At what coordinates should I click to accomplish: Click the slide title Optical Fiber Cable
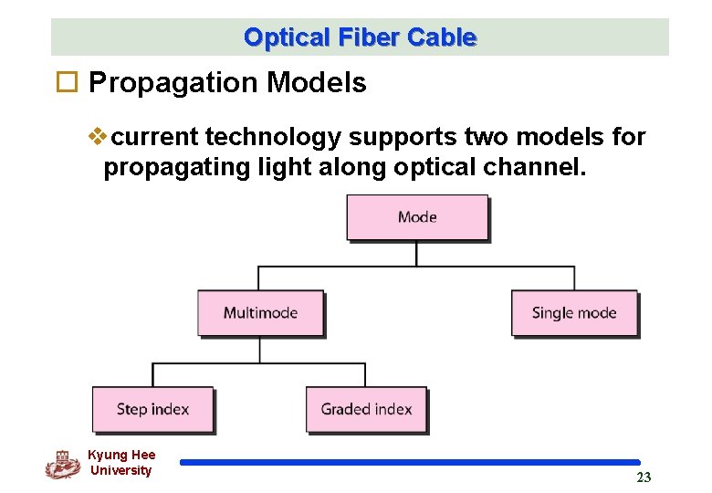click(x=360, y=37)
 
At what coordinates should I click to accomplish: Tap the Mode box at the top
click(x=417, y=217)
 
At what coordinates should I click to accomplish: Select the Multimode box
click(x=260, y=312)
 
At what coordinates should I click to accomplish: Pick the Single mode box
click(x=573, y=312)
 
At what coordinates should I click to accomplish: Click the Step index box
click(x=152, y=409)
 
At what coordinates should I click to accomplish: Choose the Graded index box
click(x=366, y=409)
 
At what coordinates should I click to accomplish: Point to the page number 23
click(x=644, y=477)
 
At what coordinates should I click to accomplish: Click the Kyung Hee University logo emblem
click(x=62, y=464)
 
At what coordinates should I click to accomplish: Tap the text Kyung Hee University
click(x=121, y=463)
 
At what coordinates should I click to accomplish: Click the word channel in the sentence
click(x=527, y=168)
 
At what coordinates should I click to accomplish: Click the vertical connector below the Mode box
click(x=417, y=253)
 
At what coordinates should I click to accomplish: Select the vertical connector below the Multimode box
click(x=260, y=350)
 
